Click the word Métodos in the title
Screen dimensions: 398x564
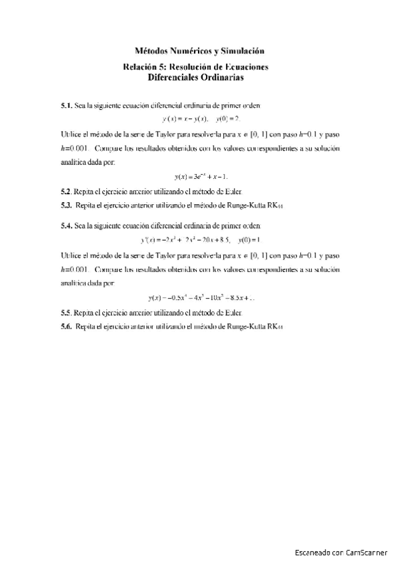[x=151, y=51]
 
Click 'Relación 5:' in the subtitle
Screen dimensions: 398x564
[x=144, y=67]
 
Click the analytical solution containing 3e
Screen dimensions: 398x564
[x=200, y=176]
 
